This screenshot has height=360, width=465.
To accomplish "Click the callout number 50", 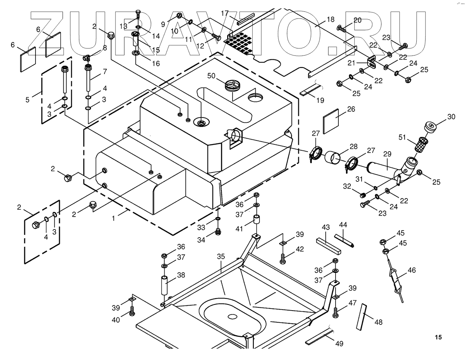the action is tap(211, 76).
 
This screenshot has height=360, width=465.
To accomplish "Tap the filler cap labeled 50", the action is tap(232, 86).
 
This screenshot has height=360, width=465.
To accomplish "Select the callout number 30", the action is tap(451, 117).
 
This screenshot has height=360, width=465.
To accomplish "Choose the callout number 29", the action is tap(387, 154).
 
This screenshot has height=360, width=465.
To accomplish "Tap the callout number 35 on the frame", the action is tap(221, 256).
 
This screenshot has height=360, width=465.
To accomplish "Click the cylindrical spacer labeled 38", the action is tap(164, 285).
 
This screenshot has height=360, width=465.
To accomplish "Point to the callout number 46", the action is tap(412, 270).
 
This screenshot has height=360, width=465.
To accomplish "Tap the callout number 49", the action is tap(339, 344).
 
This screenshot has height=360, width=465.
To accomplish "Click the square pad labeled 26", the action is tap(331, 121).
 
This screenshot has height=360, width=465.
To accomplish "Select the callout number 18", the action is tap(331, 20).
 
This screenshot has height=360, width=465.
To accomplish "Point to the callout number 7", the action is tap(105, 71).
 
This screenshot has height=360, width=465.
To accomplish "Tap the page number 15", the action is tap(438, 337).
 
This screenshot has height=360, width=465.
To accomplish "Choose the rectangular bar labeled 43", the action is tap(328, 247).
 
